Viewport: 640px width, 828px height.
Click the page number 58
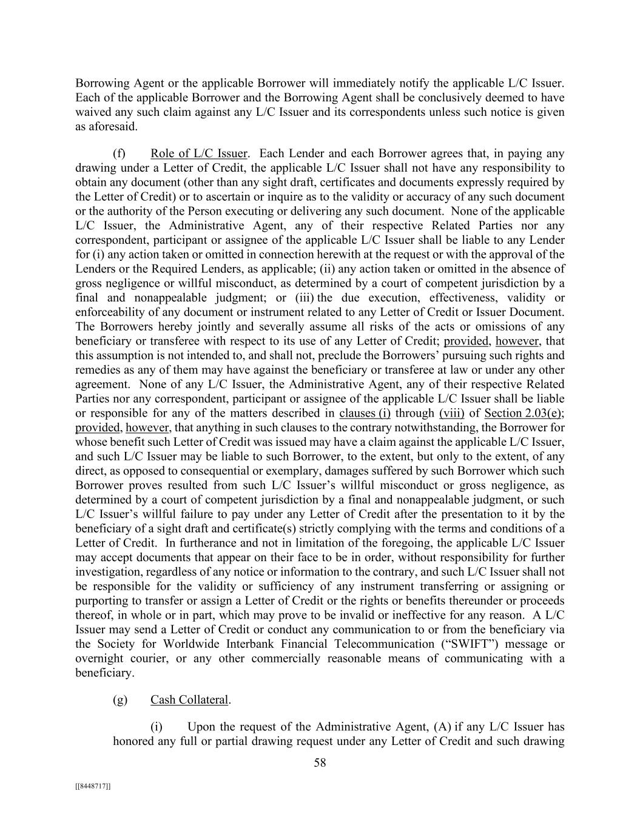coord(320,763)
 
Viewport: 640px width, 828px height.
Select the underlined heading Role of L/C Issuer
coord(198,153)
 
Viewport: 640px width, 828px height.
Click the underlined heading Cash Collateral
coord(189,700)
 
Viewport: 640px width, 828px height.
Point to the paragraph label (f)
coord(120,153)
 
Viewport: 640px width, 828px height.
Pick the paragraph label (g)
coord(120,700)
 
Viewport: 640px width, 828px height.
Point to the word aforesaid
coord(110,127)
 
